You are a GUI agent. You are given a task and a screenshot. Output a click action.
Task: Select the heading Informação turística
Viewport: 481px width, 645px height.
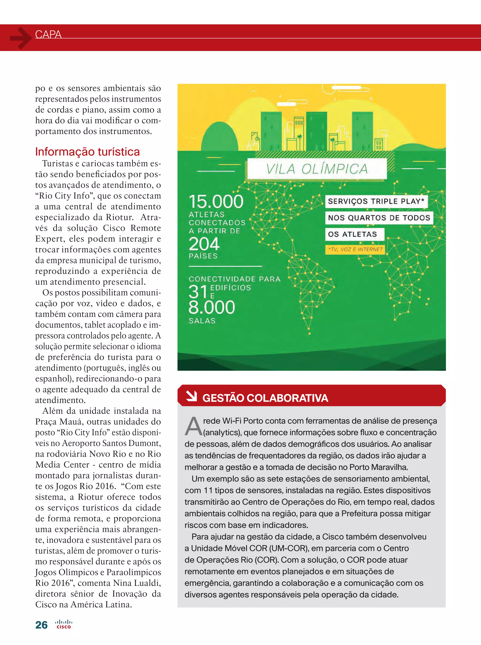tap(87, 152)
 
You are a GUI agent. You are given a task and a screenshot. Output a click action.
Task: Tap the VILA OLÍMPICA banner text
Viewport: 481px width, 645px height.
tap(317, 169)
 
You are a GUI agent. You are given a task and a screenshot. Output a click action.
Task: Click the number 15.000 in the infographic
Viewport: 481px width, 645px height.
tap(216, 201)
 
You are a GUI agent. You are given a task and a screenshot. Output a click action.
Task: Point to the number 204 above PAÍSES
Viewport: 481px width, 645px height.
tap(204, 244)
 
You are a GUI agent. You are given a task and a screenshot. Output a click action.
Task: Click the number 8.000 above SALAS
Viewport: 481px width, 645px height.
tap(212, 307)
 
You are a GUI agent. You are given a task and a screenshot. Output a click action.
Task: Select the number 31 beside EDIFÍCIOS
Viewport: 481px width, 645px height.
tap(198, 292)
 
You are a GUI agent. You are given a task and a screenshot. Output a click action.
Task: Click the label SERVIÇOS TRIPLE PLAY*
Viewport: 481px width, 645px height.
tap(376, 201)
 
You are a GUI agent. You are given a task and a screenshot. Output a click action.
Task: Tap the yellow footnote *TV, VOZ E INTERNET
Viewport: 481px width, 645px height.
tap(355, 249)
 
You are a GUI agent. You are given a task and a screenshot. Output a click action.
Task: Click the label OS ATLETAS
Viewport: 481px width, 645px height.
tap(352, 234)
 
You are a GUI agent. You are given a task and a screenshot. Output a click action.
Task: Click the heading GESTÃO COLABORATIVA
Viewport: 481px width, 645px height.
tap(265, 398)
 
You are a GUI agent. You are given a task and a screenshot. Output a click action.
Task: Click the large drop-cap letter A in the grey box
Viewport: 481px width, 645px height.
tap(193, 426)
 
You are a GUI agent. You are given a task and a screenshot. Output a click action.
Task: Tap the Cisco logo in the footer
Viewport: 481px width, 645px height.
tap(64, 625)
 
